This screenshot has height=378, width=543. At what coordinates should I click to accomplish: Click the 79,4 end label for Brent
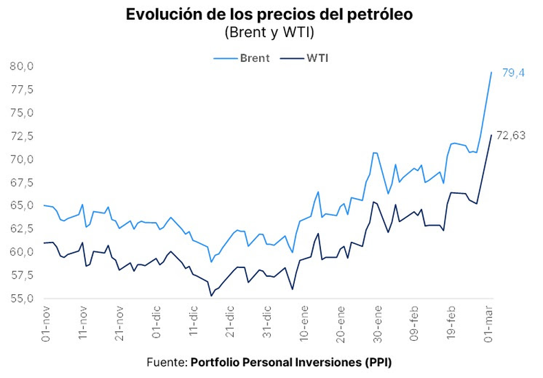tap(513, 73)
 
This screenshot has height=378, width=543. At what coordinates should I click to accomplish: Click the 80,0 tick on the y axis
tap(22, 67)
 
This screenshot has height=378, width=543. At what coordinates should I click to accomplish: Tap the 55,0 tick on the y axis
tap(22, 299)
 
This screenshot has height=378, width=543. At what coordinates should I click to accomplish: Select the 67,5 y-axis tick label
tap(22, 183)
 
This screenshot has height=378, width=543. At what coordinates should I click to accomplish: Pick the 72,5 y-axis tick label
tap(22, 136)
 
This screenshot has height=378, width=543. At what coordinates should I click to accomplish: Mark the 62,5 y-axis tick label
tap(22, 229)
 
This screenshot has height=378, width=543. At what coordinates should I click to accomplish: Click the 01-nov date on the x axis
tap(45, 324)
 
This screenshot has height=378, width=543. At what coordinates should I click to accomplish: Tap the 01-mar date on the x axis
tap(489, 324)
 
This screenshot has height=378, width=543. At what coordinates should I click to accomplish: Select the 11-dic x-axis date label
tap(193, 324)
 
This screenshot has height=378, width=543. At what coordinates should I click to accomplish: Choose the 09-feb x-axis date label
tap(415, 324)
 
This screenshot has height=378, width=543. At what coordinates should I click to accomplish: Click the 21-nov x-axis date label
tap(120, 324)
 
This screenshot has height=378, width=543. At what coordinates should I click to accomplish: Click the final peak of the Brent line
tap(491, 72)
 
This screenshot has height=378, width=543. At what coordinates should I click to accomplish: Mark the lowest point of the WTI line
tap(211, 296)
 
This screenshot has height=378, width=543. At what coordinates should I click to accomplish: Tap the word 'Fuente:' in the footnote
tap(167, 362)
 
